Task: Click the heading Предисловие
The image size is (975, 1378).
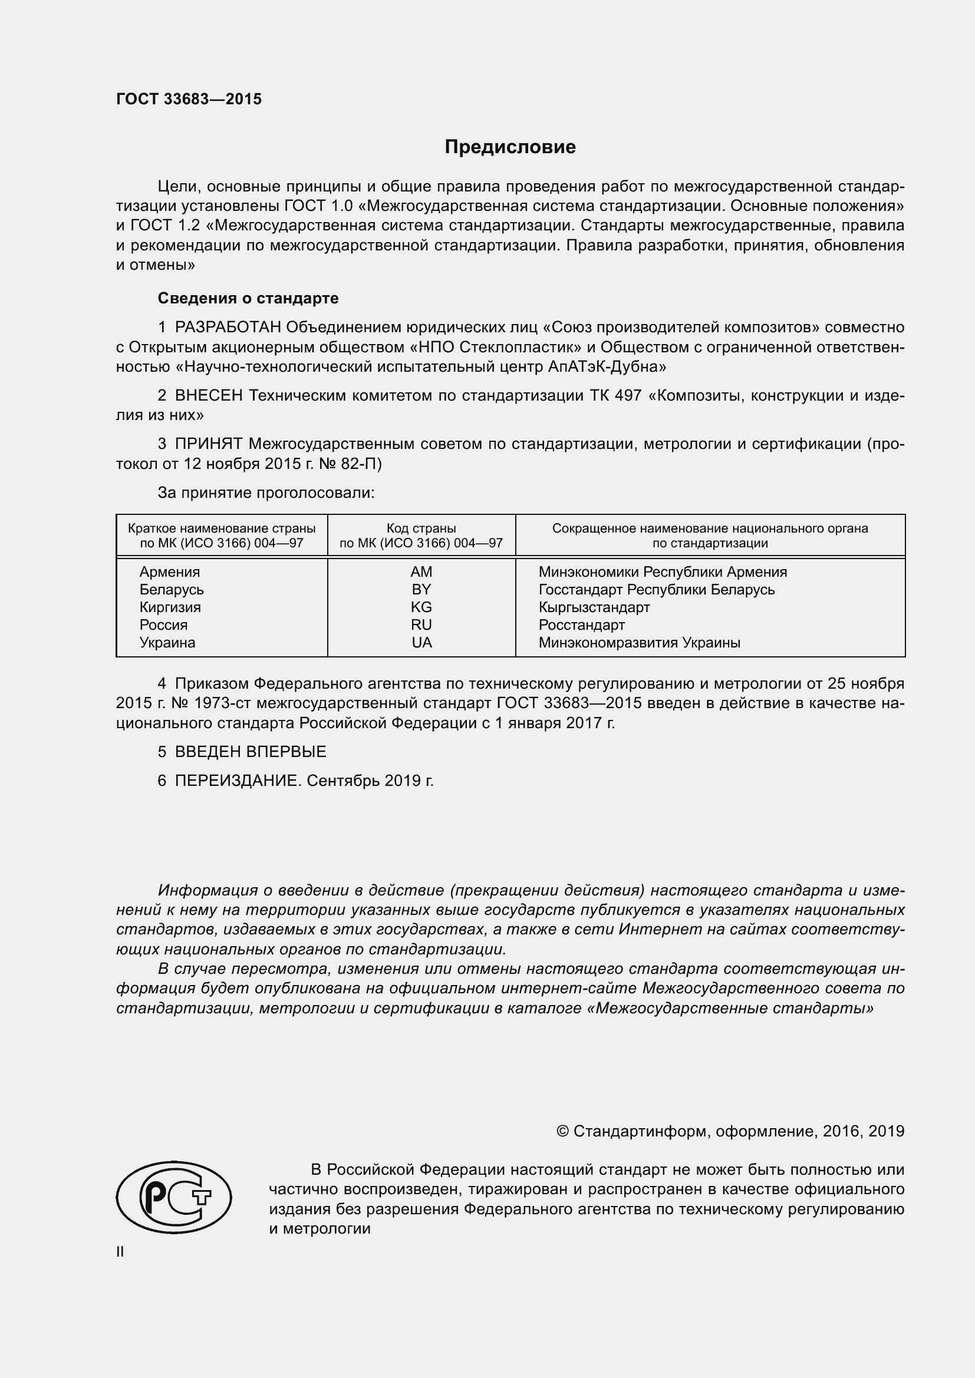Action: (510, 147)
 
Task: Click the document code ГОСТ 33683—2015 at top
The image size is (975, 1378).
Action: (189, 100)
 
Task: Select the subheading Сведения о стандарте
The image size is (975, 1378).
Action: (248, 298)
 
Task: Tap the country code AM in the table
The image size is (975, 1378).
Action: (421, 572)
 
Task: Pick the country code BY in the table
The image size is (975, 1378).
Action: (421, 589)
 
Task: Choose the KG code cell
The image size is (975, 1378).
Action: (421, 607)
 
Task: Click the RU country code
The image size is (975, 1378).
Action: (421, 624)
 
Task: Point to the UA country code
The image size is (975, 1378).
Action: (421, 643)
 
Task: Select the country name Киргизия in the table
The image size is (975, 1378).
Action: (170, 607)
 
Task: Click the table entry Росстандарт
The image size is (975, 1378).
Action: (581, 624)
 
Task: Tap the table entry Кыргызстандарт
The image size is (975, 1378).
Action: (594, 607)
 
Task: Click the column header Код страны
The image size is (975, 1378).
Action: (421, 528)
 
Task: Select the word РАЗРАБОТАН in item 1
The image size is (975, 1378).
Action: (228, 328)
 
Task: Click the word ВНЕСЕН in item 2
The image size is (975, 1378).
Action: (209, 395)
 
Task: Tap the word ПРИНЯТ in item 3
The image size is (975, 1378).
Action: (208, 444)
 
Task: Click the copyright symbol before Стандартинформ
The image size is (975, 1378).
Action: (562, 1131)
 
